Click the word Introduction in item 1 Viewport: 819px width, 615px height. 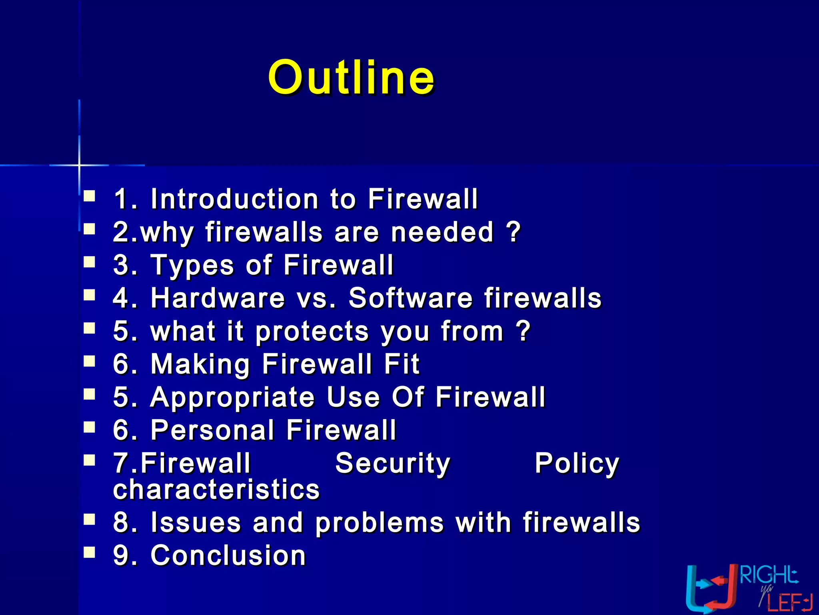(234, 199)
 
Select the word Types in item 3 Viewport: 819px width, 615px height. (192, 265)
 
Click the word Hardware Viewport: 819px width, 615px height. (218, 298)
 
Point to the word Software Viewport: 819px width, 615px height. (410, 298)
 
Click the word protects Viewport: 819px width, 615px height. (312, 332)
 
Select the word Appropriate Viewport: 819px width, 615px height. (232, 398)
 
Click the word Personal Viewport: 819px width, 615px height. (212, 430)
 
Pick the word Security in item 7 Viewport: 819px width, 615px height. (393, 464)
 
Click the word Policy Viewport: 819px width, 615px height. (577, 464)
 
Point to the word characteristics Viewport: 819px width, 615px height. (216, 489)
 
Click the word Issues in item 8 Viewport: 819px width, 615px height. (196, 523)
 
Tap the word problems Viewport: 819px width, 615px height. (380, 523)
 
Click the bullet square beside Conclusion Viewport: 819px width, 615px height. (90, 553)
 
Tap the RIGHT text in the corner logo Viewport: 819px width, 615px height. (768, 576)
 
